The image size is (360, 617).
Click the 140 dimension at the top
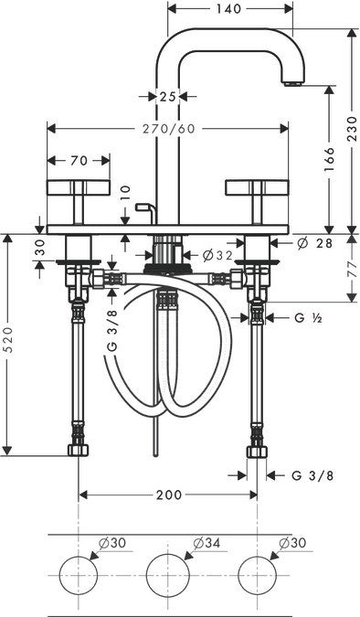point(230,9)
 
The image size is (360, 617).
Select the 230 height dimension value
point(350,131)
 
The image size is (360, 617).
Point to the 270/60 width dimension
point(169,129)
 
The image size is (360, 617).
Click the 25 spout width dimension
point(166,95)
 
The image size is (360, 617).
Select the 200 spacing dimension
point(168,495)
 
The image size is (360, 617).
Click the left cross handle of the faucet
point(78,192)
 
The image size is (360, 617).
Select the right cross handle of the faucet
point(258,192)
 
